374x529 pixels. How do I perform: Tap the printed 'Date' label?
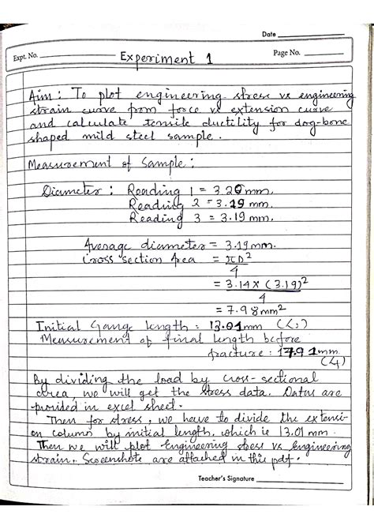tap(268, 34)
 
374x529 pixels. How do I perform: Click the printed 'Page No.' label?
tap(287, 52)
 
